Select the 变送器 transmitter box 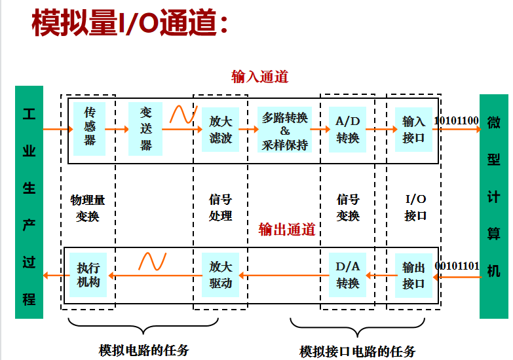pyautogui.click(x=145, y=128)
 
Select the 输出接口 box pyautogui.click(x=413, y=275)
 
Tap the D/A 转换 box pyautogui.click(x=347, y=275)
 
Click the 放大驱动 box pyautogui.click(x=221, y=275)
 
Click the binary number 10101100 pyautogui.click(x=456, y=120)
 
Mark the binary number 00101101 pyautogui.click(x=457, y=266)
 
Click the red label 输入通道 pyautogui.click(x=259, y=77)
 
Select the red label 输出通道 pyautogui.click(x=286, y=229)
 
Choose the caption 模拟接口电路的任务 pyautogui.click(x=357, y=351)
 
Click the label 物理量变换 pyautogui.click(x=88, y=207)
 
